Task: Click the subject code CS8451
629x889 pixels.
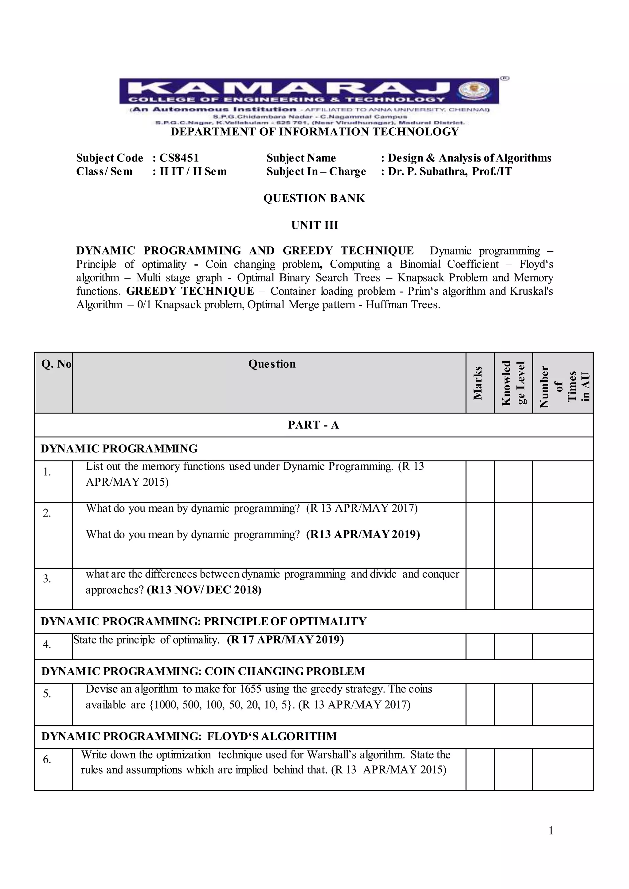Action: point(179,158)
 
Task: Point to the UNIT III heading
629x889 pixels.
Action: point(314,225)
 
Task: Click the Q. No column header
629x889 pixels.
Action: point(56,364)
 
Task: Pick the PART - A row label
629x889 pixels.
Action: point(313,425)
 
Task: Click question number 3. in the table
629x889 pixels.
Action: point(47,579)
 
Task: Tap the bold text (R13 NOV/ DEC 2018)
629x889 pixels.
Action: point(204,590)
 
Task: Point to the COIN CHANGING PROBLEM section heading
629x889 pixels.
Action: point(285,671)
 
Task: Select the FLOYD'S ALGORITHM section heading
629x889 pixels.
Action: point(272,736)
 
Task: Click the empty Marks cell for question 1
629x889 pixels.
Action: point(480,481)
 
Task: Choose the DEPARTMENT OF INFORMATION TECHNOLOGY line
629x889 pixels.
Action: point(314,132)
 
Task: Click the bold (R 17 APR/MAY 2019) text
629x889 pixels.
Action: point(285,640)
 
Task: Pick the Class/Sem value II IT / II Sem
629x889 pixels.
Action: point(193,172)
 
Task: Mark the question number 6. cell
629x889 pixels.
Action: point(47,760)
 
